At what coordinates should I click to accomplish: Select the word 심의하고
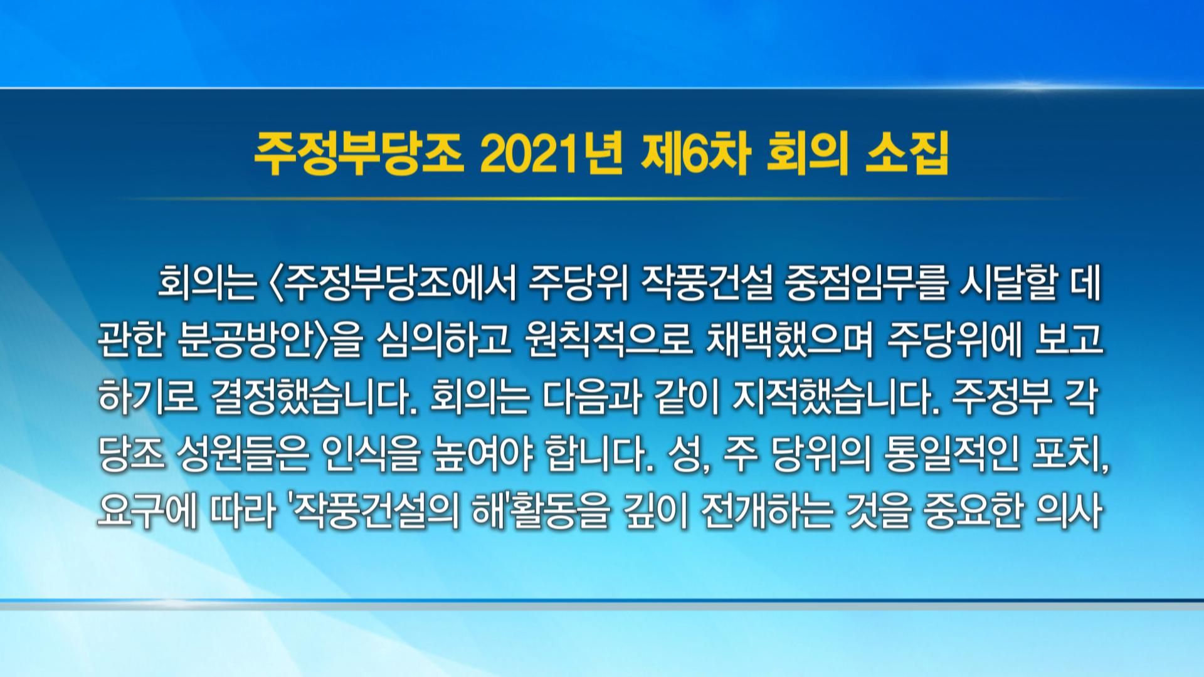pos(441,342)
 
